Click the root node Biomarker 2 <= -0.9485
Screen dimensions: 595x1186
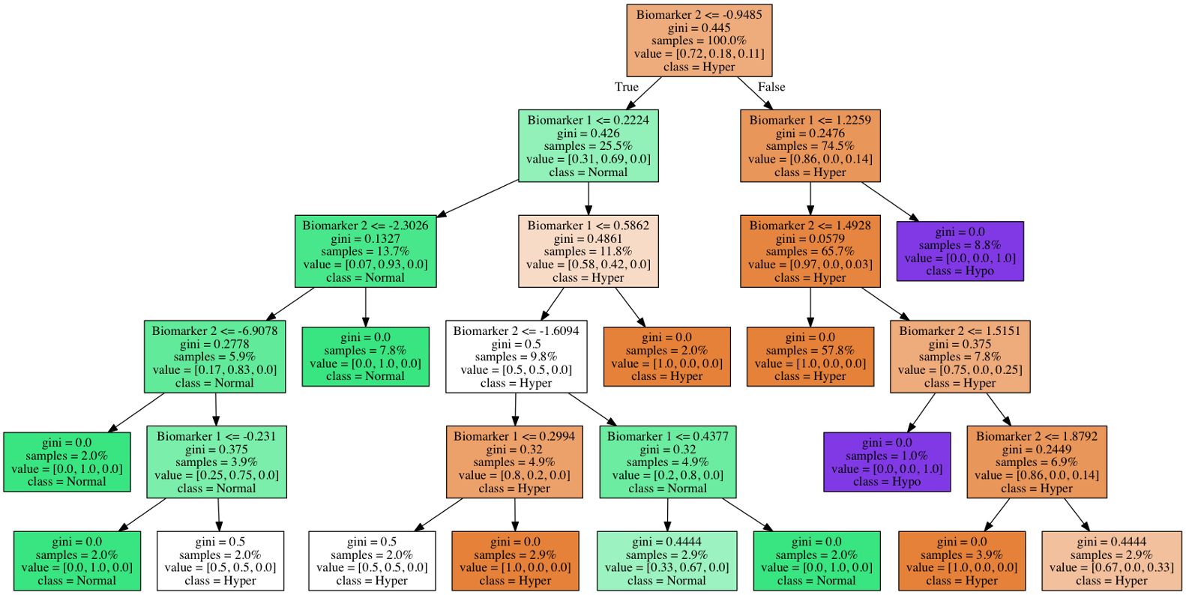click(699, 40)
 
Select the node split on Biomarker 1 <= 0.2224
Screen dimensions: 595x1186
click(588, 146)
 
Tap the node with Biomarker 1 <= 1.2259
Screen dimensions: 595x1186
click(810, 146)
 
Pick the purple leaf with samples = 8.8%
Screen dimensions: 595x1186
click(960, 251)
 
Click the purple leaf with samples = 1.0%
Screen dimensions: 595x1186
click(886, 462)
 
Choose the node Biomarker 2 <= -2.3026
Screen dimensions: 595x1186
click(365, 251)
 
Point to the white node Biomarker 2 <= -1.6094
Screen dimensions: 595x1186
click(516, 357)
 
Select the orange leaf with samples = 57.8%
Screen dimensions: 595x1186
click(810, 357)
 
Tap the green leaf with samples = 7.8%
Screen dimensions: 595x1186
click(365, 357)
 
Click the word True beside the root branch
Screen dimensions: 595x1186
click(626, 87)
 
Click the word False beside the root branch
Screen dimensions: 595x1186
click(771, 87)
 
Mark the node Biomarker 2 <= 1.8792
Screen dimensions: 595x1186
click(1036, 462)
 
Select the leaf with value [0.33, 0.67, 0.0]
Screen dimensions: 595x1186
click(666, 561)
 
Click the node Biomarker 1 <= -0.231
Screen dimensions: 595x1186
click(216, 462)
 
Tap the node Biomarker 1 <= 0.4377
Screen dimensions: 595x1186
click(667, 462)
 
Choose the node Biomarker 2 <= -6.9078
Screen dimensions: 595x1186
click(214, 357)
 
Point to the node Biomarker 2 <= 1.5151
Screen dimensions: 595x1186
click(960, 357)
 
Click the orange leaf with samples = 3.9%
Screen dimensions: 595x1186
click(961, 561)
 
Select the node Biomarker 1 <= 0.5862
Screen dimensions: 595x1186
click(588, 251)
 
